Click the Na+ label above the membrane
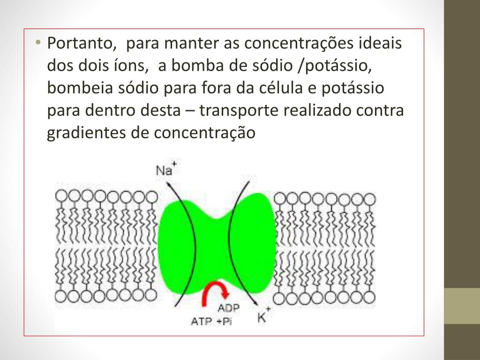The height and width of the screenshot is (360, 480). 165,169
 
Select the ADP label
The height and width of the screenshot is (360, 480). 228,308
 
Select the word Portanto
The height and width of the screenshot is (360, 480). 81,44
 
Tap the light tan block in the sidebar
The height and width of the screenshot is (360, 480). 462,306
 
